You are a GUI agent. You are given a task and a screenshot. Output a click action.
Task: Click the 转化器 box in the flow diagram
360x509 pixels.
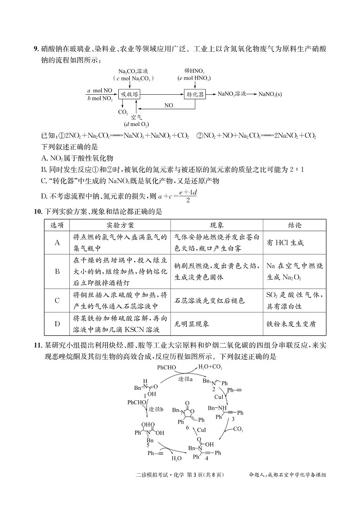[x=195, y=94]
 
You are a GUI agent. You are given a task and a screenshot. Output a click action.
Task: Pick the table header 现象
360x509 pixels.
[x=217, y=225]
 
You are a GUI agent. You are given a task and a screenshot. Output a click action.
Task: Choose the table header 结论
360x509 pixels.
[x=295, y=225]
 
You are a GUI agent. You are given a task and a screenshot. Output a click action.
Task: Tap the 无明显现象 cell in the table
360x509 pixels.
[x=196, y=324]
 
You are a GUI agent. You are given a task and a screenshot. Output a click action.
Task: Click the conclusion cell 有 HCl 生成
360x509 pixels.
[x=285, y=243]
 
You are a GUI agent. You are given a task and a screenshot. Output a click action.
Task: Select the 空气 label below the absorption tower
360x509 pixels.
[x=136, y=117]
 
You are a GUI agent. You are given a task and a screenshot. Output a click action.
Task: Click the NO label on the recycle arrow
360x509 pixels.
[x=169, y=105]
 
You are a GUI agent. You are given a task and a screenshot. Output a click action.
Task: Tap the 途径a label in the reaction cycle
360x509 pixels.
[x=185, y=378]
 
